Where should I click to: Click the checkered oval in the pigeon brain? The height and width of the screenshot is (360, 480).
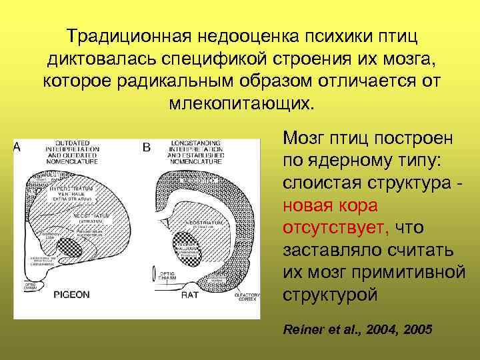tap(69, 247)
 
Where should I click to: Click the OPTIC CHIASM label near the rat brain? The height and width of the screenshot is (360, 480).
tap(167, 274)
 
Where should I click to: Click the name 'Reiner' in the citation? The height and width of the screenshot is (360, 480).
tap(303, 329)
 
